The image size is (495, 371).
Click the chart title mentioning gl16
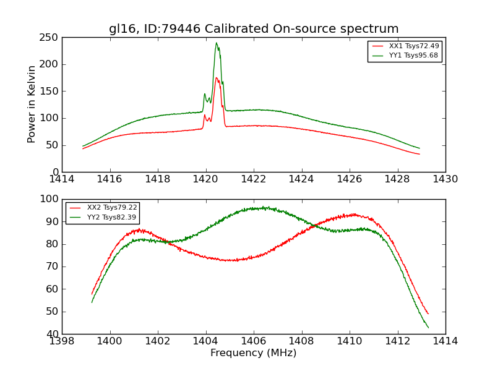point(254,29)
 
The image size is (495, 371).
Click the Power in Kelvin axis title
point(32,104)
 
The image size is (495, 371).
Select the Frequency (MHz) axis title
point(253,353)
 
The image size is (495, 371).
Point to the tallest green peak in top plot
point(216,43)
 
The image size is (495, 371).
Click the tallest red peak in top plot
point(217,78)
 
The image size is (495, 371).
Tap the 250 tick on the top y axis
point(51,38)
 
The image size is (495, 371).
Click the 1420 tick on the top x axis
point(205,179)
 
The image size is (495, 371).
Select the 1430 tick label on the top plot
point(445,179)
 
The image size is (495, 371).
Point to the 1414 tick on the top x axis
point(62,179)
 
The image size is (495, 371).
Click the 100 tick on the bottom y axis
point(49,199)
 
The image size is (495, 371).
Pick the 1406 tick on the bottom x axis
point(253,341)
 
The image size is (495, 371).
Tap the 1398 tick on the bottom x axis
point(62,341)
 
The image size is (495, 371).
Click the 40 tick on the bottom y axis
point(52,334)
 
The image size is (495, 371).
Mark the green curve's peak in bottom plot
point(264,208)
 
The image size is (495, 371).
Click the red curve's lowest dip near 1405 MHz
point(231,260)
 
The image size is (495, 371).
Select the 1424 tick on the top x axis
point(301,179)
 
